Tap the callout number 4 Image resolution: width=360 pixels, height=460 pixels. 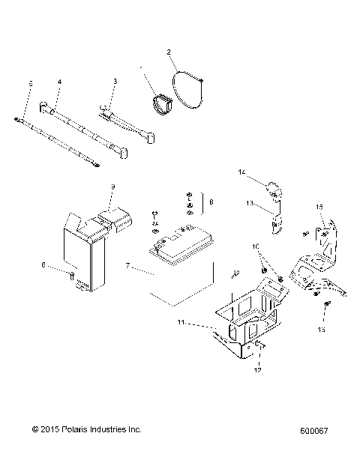(x=60, y=80)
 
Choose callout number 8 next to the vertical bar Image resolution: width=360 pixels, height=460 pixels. (x=211, y=202)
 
